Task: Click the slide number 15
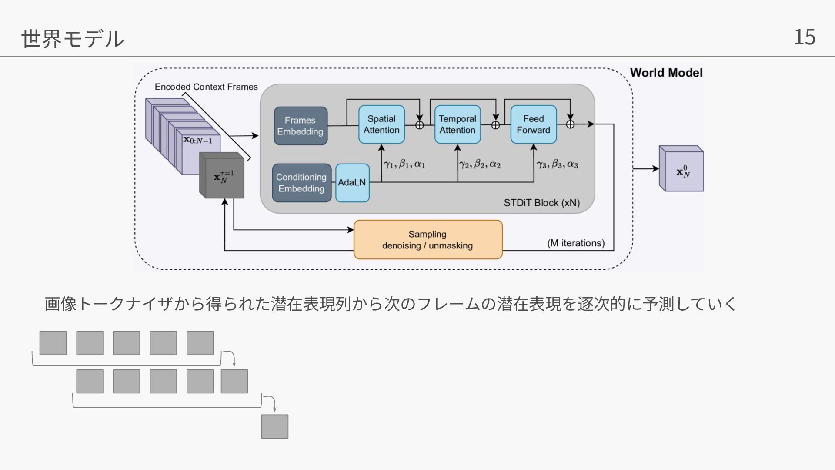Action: point(804,37)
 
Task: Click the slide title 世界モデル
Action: point(73,38)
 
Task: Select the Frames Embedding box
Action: point(301,126)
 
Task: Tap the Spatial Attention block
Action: point(381,124)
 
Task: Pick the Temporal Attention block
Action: point(458,124)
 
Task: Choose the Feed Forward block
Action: point(533,124)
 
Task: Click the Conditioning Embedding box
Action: point(301,183)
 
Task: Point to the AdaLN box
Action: point(352,183)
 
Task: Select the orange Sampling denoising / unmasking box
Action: point(428,240)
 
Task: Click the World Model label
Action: point(666,73)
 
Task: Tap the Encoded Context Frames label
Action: point(206,87)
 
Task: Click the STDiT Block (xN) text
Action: point(541,203)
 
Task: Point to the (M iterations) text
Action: point(576,243)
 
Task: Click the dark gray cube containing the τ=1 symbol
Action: point(222,176)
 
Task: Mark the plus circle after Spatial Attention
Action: point(420,125)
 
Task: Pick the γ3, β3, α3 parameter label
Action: point(557,164)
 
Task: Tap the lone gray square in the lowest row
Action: point(275,426)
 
